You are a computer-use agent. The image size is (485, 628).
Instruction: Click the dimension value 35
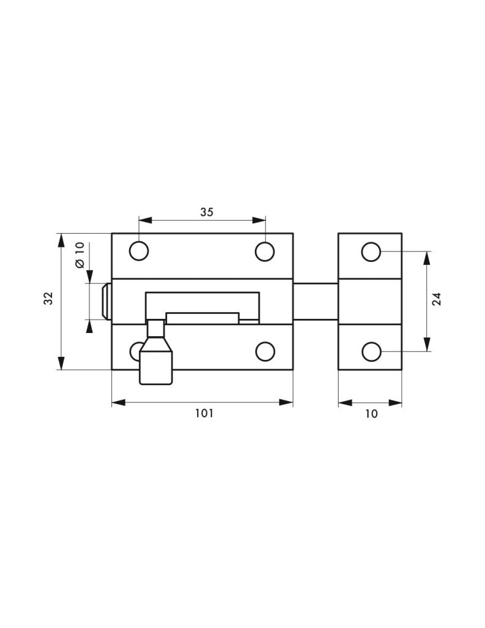pos(207,212)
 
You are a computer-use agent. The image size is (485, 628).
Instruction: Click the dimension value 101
pos(204,413)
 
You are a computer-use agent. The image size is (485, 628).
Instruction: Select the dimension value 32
pos(48,298)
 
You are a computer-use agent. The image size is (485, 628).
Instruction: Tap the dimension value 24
pos(437,299)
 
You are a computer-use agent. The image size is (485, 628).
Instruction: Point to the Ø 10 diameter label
pos(80,255)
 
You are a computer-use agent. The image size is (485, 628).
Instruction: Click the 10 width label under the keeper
pos(371,414)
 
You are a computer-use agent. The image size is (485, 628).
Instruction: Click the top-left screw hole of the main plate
pos(139,251)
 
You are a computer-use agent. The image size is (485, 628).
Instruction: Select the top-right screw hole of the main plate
pos(265,251)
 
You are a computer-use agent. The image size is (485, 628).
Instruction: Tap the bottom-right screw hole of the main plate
pos(265,351)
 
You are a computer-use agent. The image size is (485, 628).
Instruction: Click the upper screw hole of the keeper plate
pos(371,251)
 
